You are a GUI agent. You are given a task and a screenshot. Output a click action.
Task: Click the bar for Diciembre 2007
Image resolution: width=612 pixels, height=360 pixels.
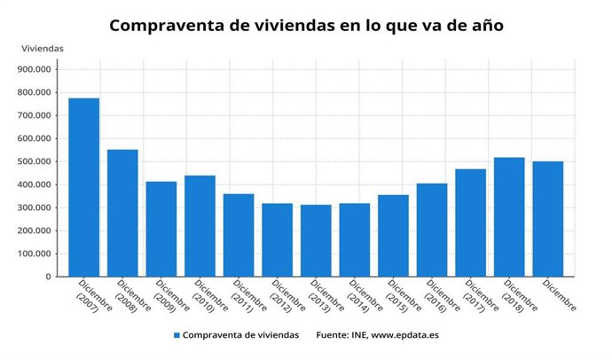[83, 187]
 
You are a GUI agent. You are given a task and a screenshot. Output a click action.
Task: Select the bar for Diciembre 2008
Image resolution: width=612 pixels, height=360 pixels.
[122, 213]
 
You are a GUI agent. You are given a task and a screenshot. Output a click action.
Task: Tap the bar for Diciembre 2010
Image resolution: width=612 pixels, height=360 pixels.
[200, 226]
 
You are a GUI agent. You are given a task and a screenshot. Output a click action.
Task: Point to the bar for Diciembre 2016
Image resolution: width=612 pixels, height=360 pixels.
[432, 230]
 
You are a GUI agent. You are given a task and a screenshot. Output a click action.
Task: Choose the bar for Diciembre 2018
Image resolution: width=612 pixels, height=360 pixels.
[509, 216]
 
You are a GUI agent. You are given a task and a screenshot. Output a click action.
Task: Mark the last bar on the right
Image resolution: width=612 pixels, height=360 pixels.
[548, 218]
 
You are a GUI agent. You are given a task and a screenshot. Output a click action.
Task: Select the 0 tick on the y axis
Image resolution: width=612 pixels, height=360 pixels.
[49, 277]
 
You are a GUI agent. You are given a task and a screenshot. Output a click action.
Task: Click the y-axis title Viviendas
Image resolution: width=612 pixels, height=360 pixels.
[41, 48]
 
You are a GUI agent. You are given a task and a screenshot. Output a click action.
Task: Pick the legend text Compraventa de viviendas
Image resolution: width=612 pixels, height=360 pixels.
[241, 335]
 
